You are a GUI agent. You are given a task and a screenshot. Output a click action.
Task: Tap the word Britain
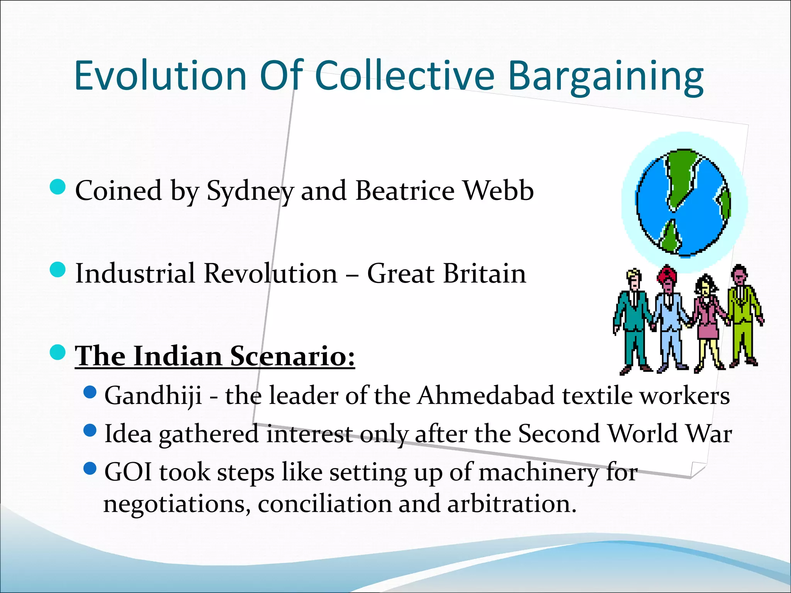484,273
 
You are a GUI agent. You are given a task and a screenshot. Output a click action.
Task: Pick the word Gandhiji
153,396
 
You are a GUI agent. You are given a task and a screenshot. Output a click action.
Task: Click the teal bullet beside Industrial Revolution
58,269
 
